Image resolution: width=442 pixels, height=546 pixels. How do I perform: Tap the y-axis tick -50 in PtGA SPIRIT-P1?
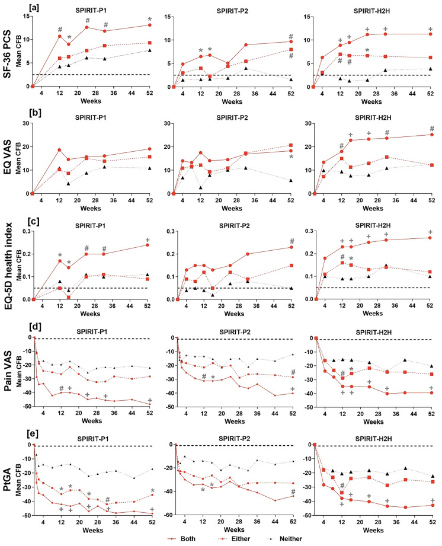click(24, 515)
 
